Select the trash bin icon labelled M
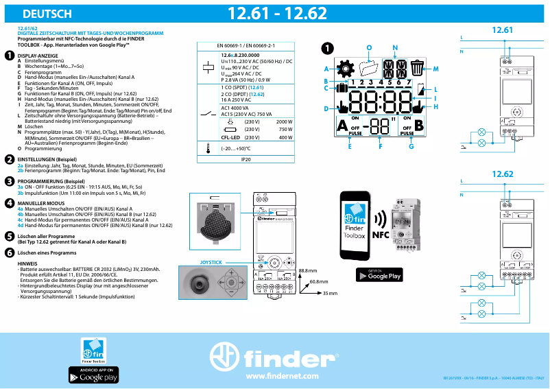point(418,68)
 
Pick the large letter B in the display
point(420,126)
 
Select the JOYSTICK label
point(211,263)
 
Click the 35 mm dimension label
point(331,293)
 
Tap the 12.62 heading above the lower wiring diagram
point(503,174)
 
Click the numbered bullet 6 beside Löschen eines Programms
point(9,253)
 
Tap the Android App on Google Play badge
point(93,375)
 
